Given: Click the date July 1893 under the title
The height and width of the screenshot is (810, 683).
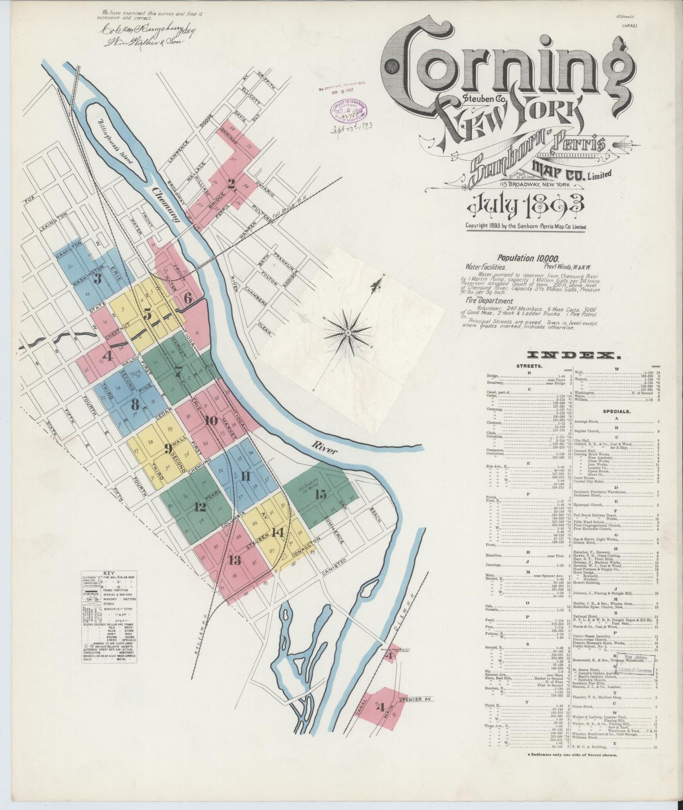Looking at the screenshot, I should pos(526,205).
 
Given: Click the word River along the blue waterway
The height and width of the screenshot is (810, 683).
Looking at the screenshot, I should pos(324,449).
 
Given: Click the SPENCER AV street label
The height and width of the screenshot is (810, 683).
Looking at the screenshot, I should pos(416,699).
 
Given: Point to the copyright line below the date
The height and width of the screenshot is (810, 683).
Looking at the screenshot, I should pos(526,227).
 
